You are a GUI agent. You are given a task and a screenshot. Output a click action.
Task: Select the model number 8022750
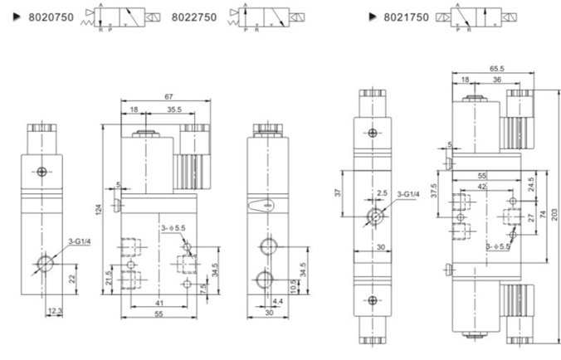(x=195, y=17)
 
